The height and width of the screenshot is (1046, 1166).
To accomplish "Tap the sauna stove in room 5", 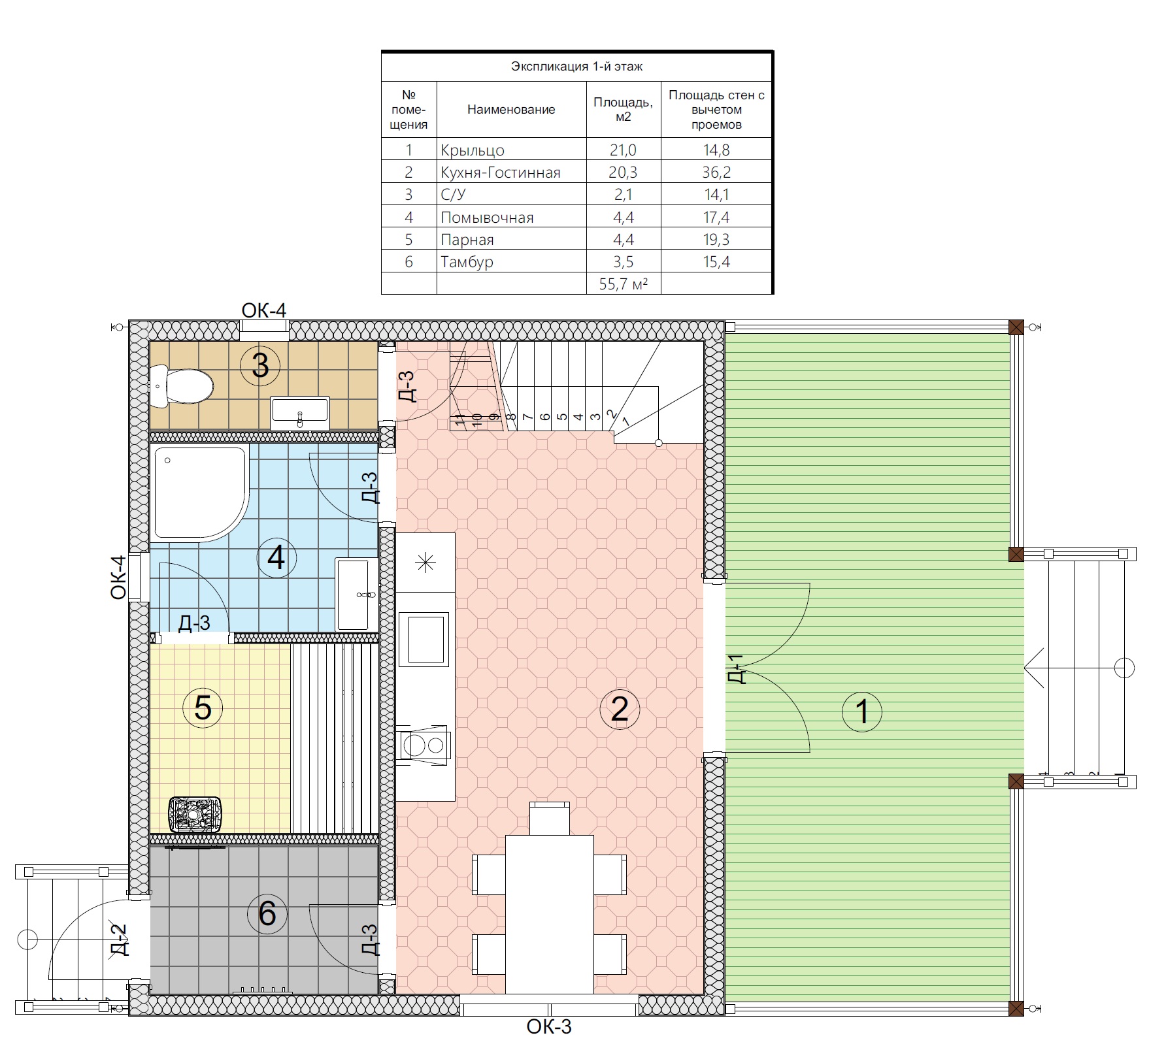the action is click(195, 814).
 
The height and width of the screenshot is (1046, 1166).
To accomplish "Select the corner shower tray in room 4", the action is click(200, 494).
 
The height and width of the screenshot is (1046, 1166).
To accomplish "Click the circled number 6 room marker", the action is click(267, 913).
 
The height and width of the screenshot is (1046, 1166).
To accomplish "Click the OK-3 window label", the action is click(549, 1027).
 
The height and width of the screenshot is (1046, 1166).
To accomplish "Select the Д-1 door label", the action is click(737, 669).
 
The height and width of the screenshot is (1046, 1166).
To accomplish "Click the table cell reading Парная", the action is click(467, 240).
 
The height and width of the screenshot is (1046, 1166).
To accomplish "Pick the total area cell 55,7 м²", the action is click(623, 284).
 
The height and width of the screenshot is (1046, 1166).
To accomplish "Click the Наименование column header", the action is click(511, 110).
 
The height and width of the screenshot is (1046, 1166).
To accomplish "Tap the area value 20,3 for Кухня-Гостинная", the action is click(623, 172).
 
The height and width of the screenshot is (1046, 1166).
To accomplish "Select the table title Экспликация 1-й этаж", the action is click(576, 67).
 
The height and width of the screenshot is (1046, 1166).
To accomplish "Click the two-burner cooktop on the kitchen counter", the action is click(424, 744).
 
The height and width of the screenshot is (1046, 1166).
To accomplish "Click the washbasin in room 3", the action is click(300, 411).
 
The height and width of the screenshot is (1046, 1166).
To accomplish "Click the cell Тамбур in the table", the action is click(467, 262).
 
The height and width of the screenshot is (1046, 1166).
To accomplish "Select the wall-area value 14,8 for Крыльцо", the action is click(716, 150).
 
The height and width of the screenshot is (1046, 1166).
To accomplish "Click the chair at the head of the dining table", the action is click(549, 819).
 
